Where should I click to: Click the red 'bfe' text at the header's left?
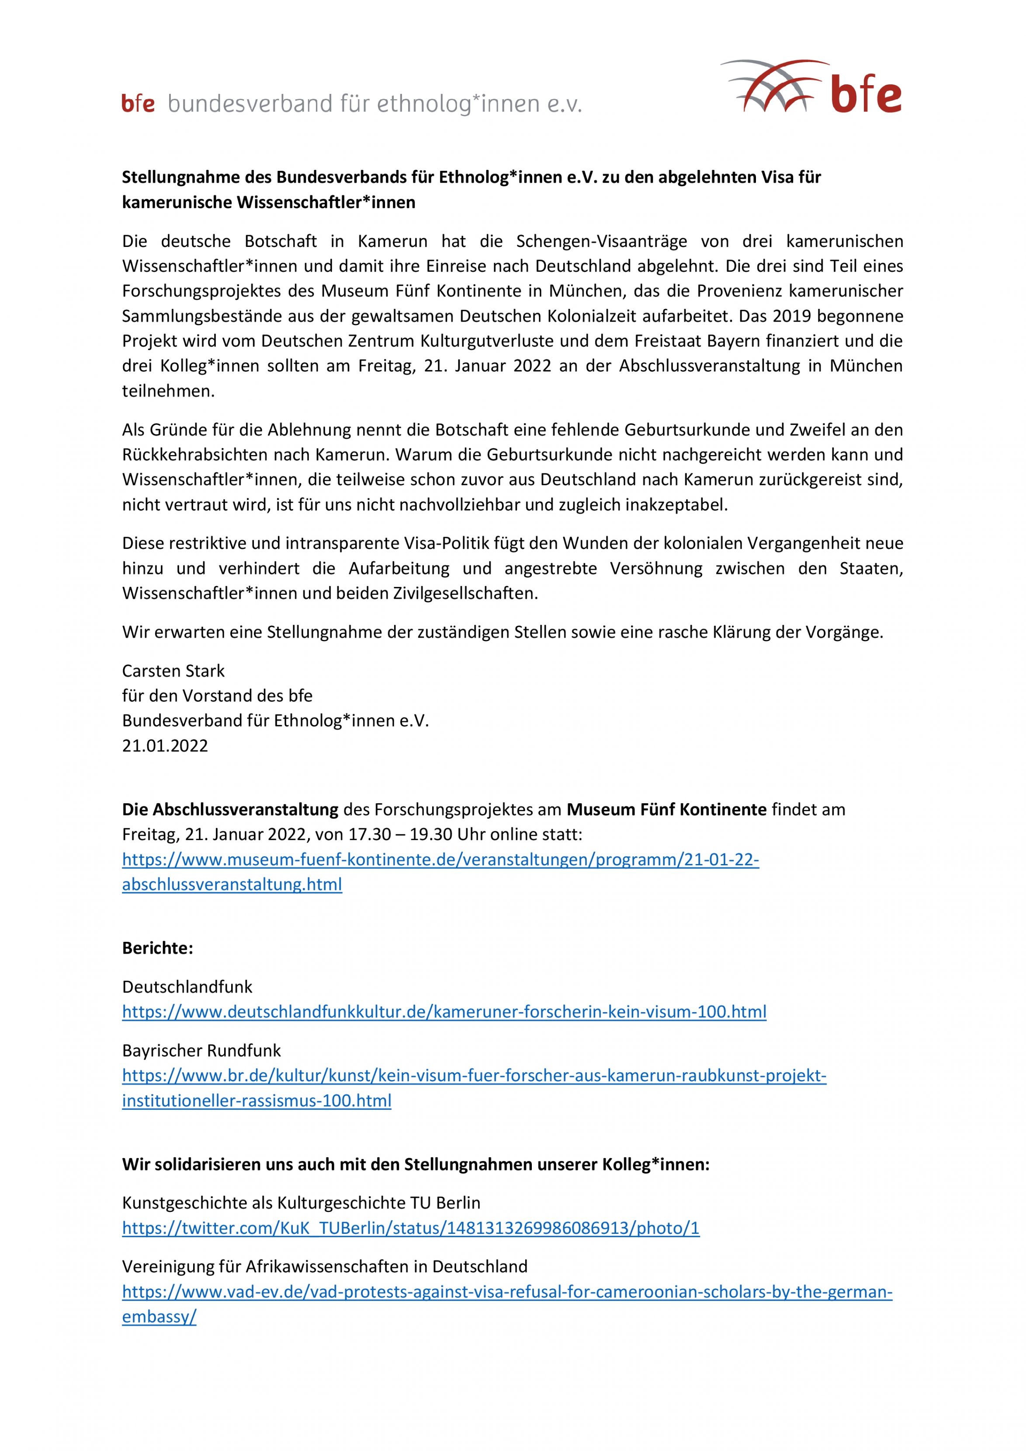138,104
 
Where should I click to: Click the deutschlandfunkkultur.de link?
444,1012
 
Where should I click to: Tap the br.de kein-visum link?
474,1076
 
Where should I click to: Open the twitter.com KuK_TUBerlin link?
411,1228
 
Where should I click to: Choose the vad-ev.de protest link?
507,1292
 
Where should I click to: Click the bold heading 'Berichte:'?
157,948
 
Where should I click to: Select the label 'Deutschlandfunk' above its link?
187,986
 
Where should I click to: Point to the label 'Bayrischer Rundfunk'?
201,1050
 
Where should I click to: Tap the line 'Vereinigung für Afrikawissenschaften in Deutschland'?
324,1267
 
